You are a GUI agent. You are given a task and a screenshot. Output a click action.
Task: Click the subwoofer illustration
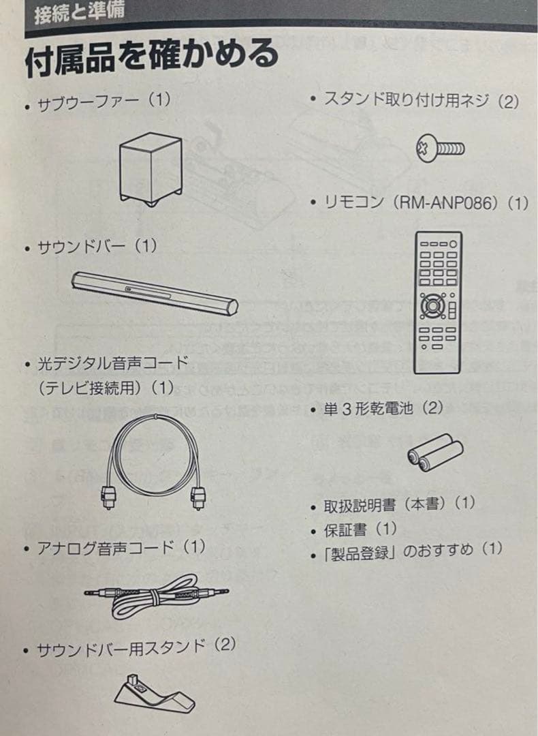pyautogui.click(x=150, y=169)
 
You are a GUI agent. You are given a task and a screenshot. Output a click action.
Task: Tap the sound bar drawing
pyautogui.click(x=155, y=293)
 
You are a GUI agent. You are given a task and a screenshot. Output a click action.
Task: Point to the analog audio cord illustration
pyautogui.click(x=157, y=596)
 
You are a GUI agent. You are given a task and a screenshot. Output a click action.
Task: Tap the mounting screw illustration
pyautogui.click(x=439, y=149)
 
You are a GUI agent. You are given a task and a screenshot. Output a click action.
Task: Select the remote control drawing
pyautogui.click(x=438, y=303)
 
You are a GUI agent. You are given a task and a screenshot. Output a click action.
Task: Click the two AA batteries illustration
pyautogui.click(x=434, y=453)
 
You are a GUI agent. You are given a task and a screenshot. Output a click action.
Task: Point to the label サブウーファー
pyautogui.click(x=88, y=102)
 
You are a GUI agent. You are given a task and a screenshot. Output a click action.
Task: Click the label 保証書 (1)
pyautogui.click(x=360, y=530)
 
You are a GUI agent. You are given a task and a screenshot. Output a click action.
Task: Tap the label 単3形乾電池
pyautogui.click(x=368, y=409)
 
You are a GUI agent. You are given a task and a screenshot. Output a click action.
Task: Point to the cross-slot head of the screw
pyautogui.click(x=424, y=149)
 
